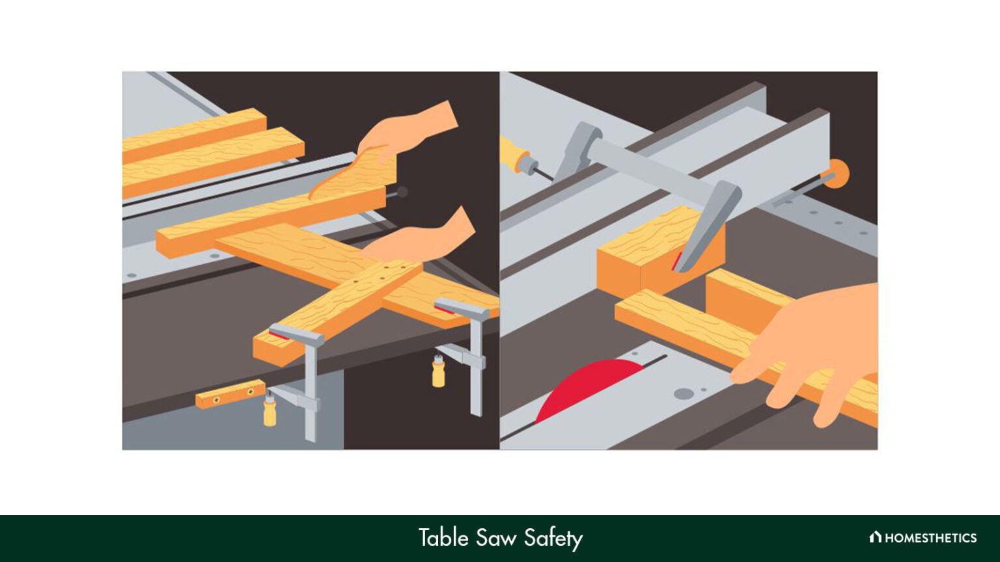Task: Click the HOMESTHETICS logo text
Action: (x=930, y=538)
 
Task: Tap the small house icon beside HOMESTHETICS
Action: (x=875, y=537)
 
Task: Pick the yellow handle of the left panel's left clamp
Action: (x=270, y=412)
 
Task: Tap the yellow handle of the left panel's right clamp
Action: (x=439, y=373)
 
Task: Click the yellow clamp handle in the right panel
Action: (x=514, y=154)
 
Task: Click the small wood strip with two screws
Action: (x=230, y=394)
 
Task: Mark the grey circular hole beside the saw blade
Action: (x=684, y=393)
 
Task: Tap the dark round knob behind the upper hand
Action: (x=402, y=192)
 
